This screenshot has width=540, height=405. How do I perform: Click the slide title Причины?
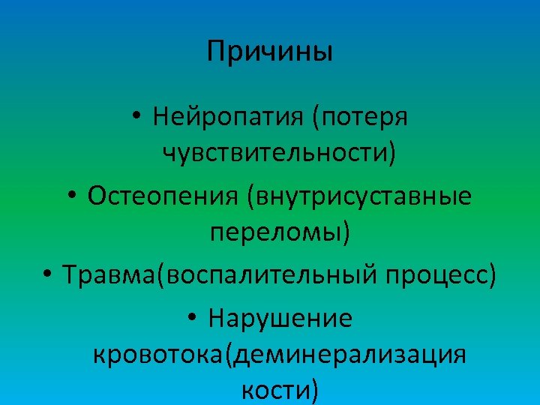point(269,52)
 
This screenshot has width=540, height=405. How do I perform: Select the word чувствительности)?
point(279,154)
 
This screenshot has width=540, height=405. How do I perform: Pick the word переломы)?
point(279,234)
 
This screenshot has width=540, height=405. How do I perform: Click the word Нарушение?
point(280,318)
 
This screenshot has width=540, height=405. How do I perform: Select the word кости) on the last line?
point(280,390)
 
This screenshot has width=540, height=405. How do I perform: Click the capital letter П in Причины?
point(215,52)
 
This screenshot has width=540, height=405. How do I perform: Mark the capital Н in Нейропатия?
point(160,117)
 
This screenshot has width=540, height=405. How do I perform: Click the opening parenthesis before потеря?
point(316,118)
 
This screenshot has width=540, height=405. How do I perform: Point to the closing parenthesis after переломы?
point(346,235)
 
